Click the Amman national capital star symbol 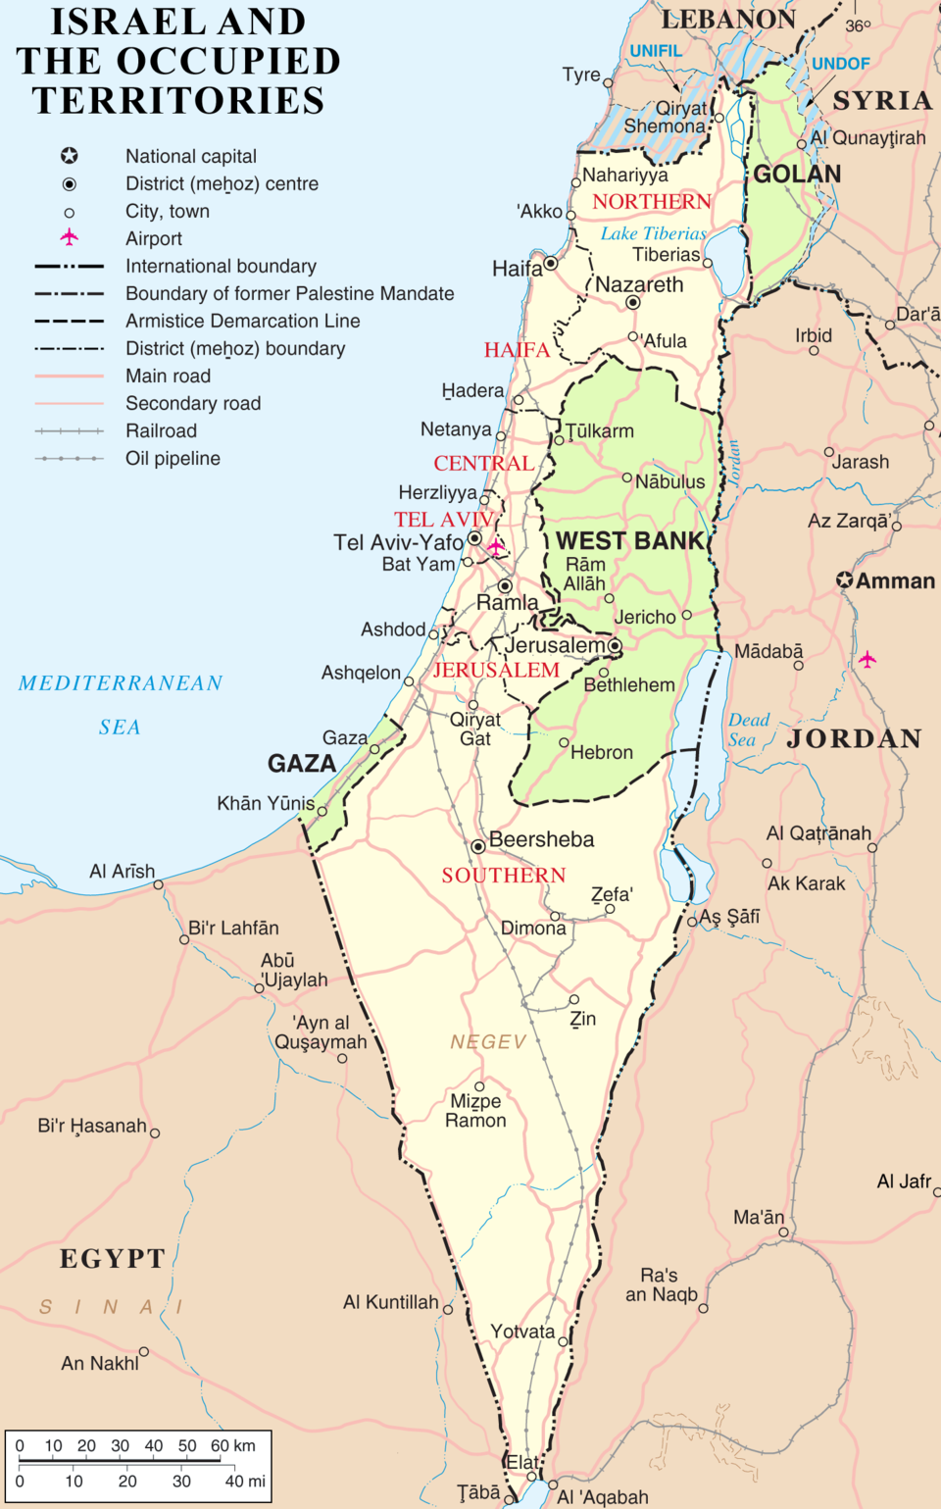844,580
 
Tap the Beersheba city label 541,839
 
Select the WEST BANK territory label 630,541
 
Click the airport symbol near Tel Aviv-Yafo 496,545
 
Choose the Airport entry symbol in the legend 69,237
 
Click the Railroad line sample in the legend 69,430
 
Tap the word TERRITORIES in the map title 177,101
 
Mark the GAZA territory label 302,764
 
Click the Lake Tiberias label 653,233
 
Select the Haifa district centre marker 551,263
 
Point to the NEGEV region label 488,1041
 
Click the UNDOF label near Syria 840,64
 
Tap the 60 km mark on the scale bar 222,1445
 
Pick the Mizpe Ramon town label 475,1111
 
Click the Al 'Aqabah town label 602,1497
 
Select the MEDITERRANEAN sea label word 121,683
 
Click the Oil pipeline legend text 173,458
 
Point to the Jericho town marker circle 686,615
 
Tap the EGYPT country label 112,1259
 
